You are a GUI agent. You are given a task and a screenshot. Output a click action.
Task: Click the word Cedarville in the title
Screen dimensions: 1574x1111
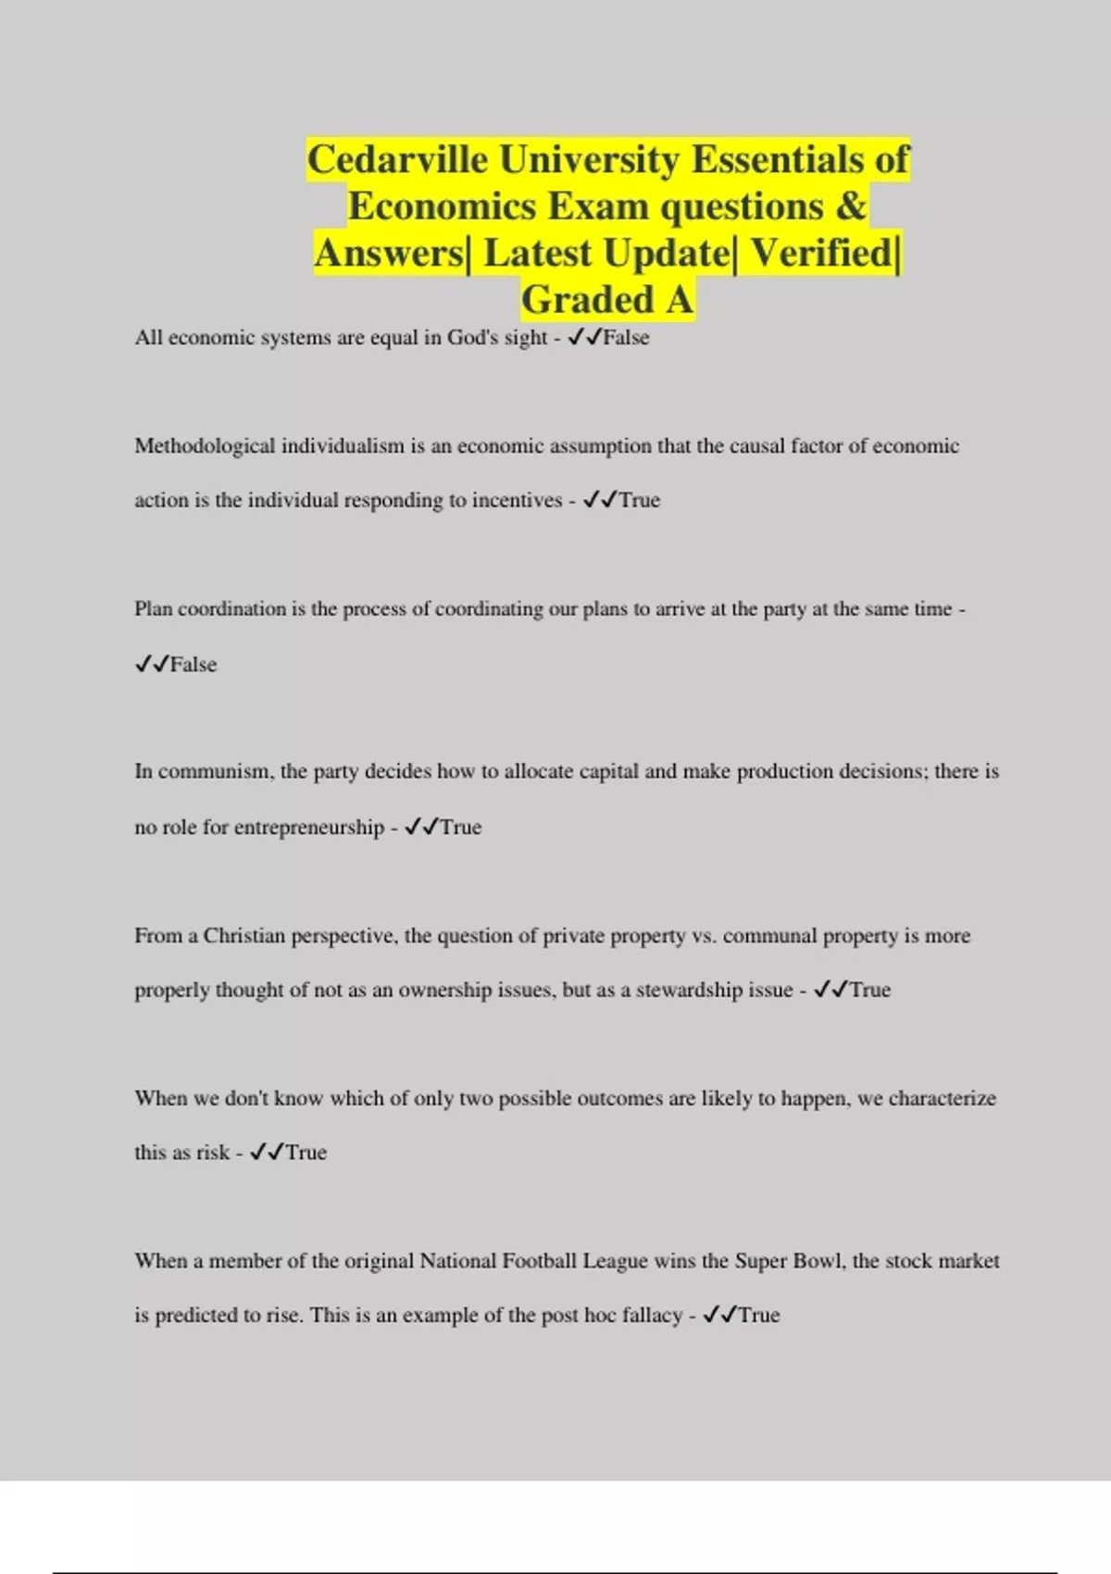pyautogui.click(x=397, y=160)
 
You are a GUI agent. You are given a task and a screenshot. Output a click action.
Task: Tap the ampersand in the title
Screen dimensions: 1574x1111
pyautogui.click(x=851, y=206)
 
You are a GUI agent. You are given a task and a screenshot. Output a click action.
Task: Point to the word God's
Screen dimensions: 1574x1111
pyautogui.click(x=472, y=338)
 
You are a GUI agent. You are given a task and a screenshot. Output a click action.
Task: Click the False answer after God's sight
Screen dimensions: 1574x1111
pyautogui.click(x=626, y=338)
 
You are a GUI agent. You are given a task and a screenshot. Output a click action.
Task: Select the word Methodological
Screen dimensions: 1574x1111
pyautogui.click(x=205, y=446)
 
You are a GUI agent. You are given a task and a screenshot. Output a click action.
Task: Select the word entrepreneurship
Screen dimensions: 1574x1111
pyautogui.click(x=308, y=828)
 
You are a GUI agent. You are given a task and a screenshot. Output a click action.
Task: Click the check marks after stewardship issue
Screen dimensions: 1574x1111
pyautogui.click(x=830, y=991)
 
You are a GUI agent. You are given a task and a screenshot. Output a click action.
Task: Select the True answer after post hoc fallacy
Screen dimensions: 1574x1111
pyautogui.click(x=759, y=1316)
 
